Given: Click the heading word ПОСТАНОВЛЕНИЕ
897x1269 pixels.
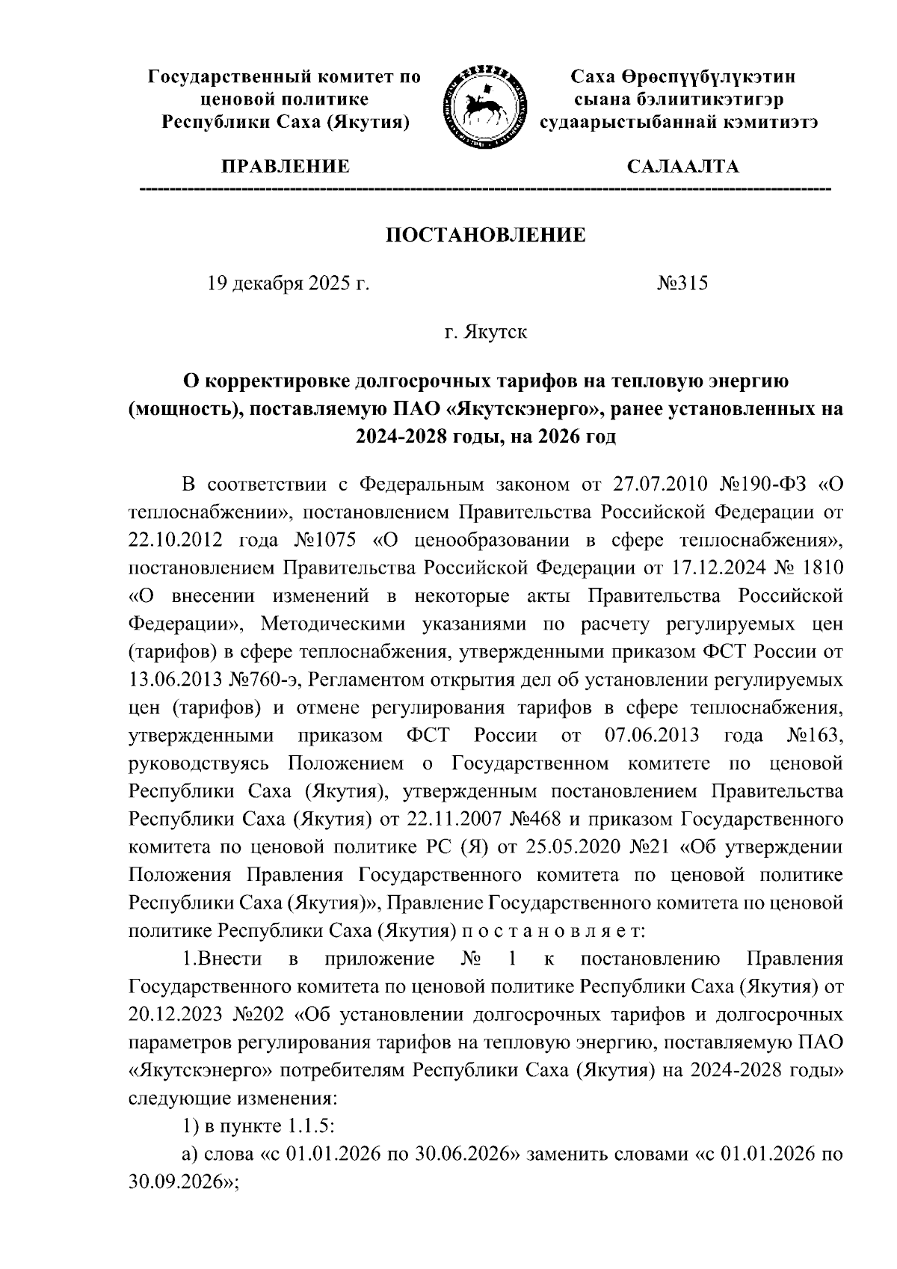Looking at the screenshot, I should (x=485, y=236).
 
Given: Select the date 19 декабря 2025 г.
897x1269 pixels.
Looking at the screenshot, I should (x=289, y=284).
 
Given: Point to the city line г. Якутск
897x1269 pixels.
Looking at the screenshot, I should (x=485, y=332).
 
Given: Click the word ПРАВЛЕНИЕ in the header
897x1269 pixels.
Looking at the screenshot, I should (x=284, y=166).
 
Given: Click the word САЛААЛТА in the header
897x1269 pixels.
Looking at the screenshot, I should (x=683, y=166).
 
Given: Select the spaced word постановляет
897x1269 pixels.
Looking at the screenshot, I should (x=552, y=932).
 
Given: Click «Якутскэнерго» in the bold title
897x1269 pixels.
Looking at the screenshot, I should (x=518, y=410).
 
